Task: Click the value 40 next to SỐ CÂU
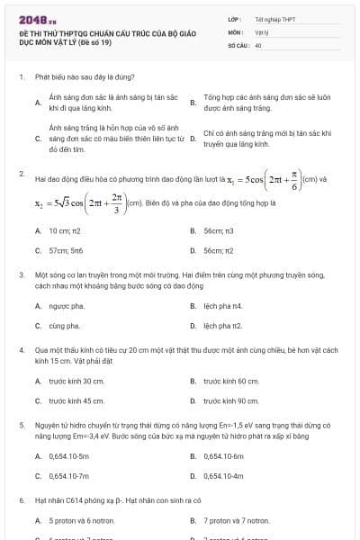click(x=258, y=44)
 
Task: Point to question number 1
click(x=21, y=77)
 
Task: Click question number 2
click(x=21, y=172)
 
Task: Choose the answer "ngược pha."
click(x=64, y=306)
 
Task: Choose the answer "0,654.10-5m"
click(x=70, y=456)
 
